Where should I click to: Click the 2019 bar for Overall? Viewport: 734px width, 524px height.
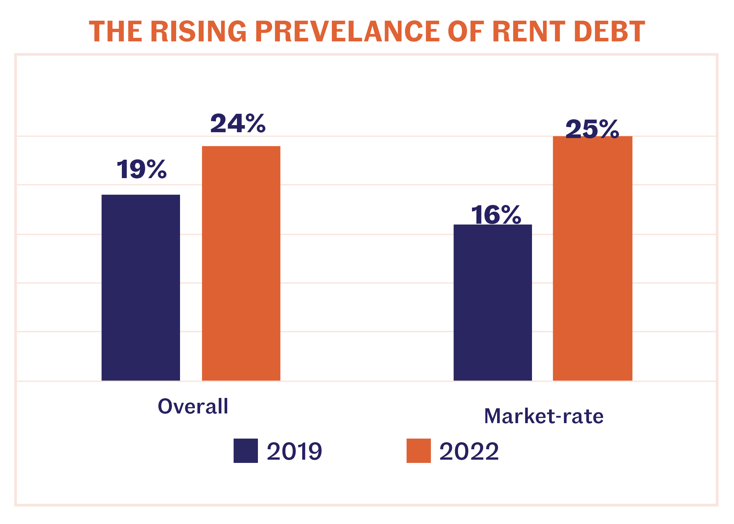tap(141, 287)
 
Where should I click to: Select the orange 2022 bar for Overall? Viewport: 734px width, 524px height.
tap(241, 263)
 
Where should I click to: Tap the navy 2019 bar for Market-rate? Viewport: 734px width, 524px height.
tap(493, 302)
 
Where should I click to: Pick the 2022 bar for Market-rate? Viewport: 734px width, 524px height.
tap(592, 258)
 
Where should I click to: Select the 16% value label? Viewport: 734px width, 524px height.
tap(496, 215)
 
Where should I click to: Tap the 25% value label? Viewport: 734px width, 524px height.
tap(592, 129)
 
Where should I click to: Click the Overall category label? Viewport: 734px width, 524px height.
tap(193, 406)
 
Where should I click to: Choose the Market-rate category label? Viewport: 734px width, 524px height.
tap(544, 416)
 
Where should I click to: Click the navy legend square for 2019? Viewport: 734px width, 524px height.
tap(246, 451)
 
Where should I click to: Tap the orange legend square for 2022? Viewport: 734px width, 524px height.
tap(419, 451)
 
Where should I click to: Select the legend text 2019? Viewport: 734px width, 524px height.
tap(294, 451)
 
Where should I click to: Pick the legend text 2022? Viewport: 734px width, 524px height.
tap(469, 451)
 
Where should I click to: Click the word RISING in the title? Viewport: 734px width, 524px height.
tap(199, 31)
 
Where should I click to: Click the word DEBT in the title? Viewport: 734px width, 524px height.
tap(609, 31)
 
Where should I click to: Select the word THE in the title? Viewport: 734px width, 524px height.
tap(116, 31)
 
